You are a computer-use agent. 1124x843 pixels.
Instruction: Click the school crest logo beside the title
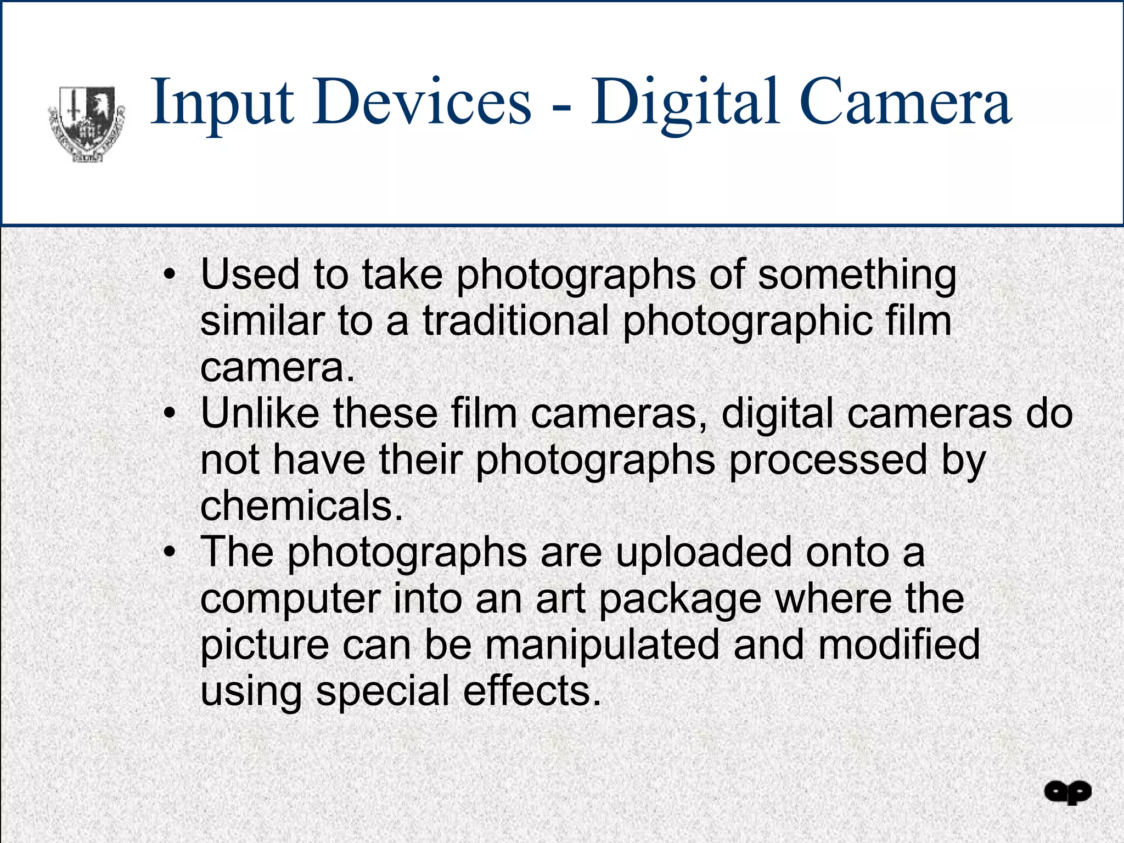coord(87,124)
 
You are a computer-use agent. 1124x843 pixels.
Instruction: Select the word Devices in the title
coord(422,102)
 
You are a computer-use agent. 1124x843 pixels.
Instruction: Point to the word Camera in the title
coord(905,102)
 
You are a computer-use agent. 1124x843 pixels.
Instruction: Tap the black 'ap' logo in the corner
coord(1067,793)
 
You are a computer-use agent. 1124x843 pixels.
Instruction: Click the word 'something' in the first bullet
coord(857,276)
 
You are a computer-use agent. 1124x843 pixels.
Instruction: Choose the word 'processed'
coord(828,461)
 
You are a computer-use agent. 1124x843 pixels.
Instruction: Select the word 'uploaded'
coord(704,553)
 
